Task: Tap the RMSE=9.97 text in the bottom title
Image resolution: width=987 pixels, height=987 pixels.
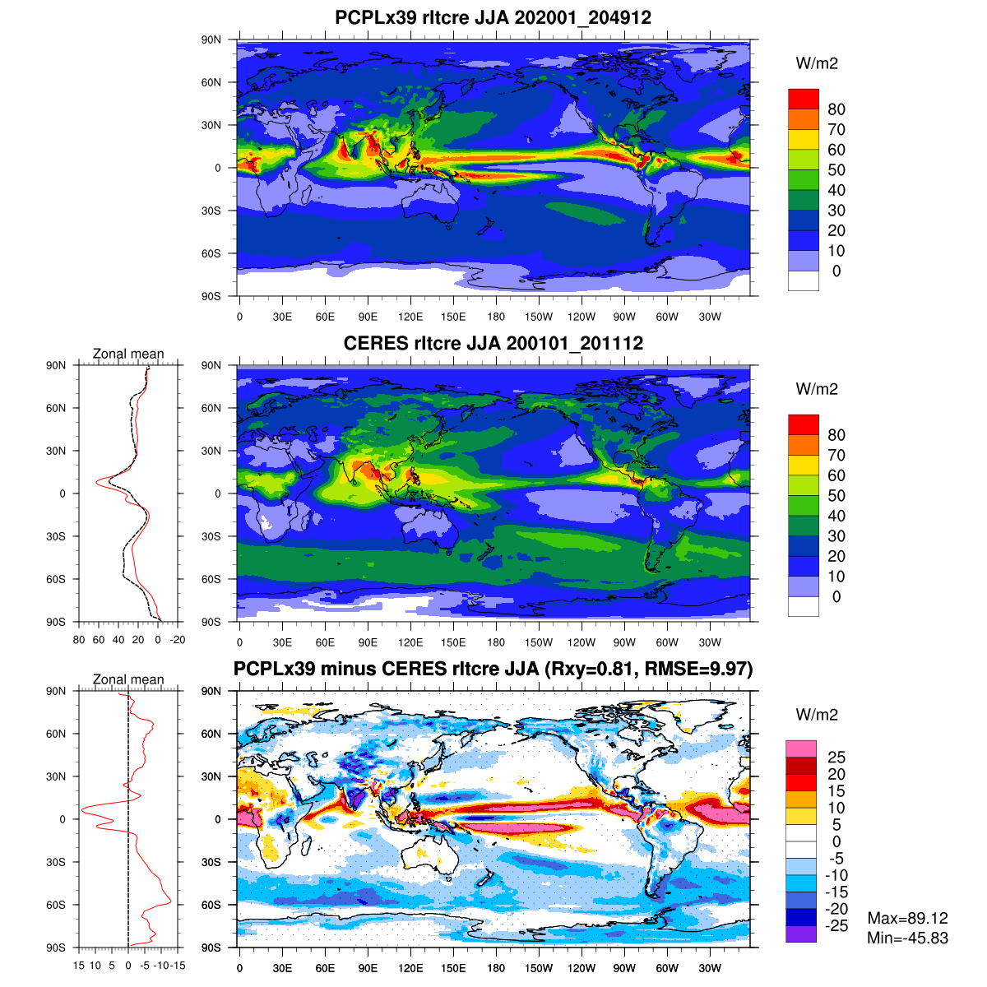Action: (699, 669)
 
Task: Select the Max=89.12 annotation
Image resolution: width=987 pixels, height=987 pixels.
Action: (907, 918)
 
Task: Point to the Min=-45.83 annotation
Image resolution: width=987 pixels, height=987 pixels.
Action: (907, 938)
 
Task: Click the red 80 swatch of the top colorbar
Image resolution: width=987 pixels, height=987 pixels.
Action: (803, 99)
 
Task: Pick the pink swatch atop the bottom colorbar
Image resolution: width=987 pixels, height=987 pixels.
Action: (800, 748)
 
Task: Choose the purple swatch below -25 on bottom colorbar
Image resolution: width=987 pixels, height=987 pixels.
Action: (800, 934)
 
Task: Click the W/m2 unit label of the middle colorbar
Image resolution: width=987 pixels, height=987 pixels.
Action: (817, 389)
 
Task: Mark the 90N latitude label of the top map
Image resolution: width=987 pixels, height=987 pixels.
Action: (211, 39)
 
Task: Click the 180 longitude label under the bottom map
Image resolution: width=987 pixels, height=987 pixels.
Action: (496, 969)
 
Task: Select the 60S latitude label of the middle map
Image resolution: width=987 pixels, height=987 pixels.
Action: (211, 579)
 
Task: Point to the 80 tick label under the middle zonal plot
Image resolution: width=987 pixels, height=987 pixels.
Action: (79, 640)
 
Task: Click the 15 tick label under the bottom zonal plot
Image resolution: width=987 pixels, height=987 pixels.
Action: (79, 966)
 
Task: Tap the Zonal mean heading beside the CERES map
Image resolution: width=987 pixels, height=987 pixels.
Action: (128, 354)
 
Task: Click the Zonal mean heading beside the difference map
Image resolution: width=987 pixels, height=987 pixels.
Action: (128, 679)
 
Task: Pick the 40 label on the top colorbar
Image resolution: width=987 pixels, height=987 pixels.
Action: (836, 190)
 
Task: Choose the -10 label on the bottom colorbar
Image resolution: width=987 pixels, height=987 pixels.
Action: (835, 875)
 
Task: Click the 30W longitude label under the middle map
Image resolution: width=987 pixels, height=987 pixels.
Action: (710, 643)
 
